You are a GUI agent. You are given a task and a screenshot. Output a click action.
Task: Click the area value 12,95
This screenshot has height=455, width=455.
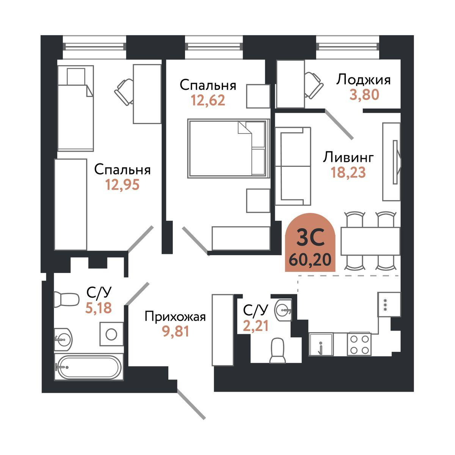click(123, 185)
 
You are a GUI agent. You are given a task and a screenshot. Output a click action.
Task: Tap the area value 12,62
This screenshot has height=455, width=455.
click(208, 100)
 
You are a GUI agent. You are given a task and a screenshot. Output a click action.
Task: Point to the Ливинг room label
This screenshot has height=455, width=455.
click(348, 157)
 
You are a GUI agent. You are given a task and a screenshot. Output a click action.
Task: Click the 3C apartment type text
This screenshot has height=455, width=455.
click(310, 239)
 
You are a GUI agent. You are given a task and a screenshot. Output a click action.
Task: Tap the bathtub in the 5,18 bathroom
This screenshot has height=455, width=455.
click(88, 367)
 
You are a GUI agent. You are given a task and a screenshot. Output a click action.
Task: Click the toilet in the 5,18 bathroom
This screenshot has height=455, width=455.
click(65, 300)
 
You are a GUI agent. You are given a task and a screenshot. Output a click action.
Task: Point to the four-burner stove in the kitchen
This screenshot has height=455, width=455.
click(359, 344)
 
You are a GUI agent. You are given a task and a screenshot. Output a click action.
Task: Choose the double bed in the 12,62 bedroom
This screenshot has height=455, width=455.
click(227, 148)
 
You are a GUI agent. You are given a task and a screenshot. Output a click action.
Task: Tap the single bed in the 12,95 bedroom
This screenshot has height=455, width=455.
click(75, 108)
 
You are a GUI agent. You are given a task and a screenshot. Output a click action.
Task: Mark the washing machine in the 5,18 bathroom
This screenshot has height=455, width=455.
click(111, 334)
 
